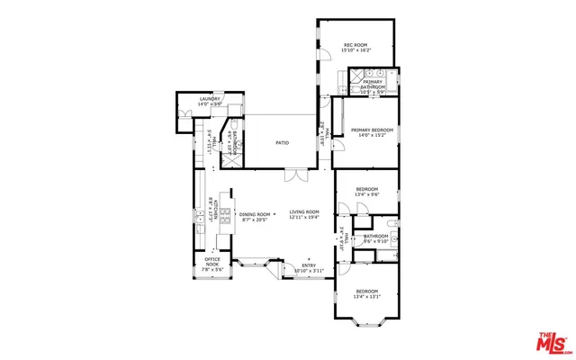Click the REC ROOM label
point(357,45)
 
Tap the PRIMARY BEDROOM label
point(372,130)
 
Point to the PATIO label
point(282,142)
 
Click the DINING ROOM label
point(256,214)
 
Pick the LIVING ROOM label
point(304,211)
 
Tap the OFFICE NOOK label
point(211,262)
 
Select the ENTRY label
point(308,265)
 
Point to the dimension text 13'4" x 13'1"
point(368,297)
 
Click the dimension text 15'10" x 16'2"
point(357,51)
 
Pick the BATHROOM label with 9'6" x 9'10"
point(375,236)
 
